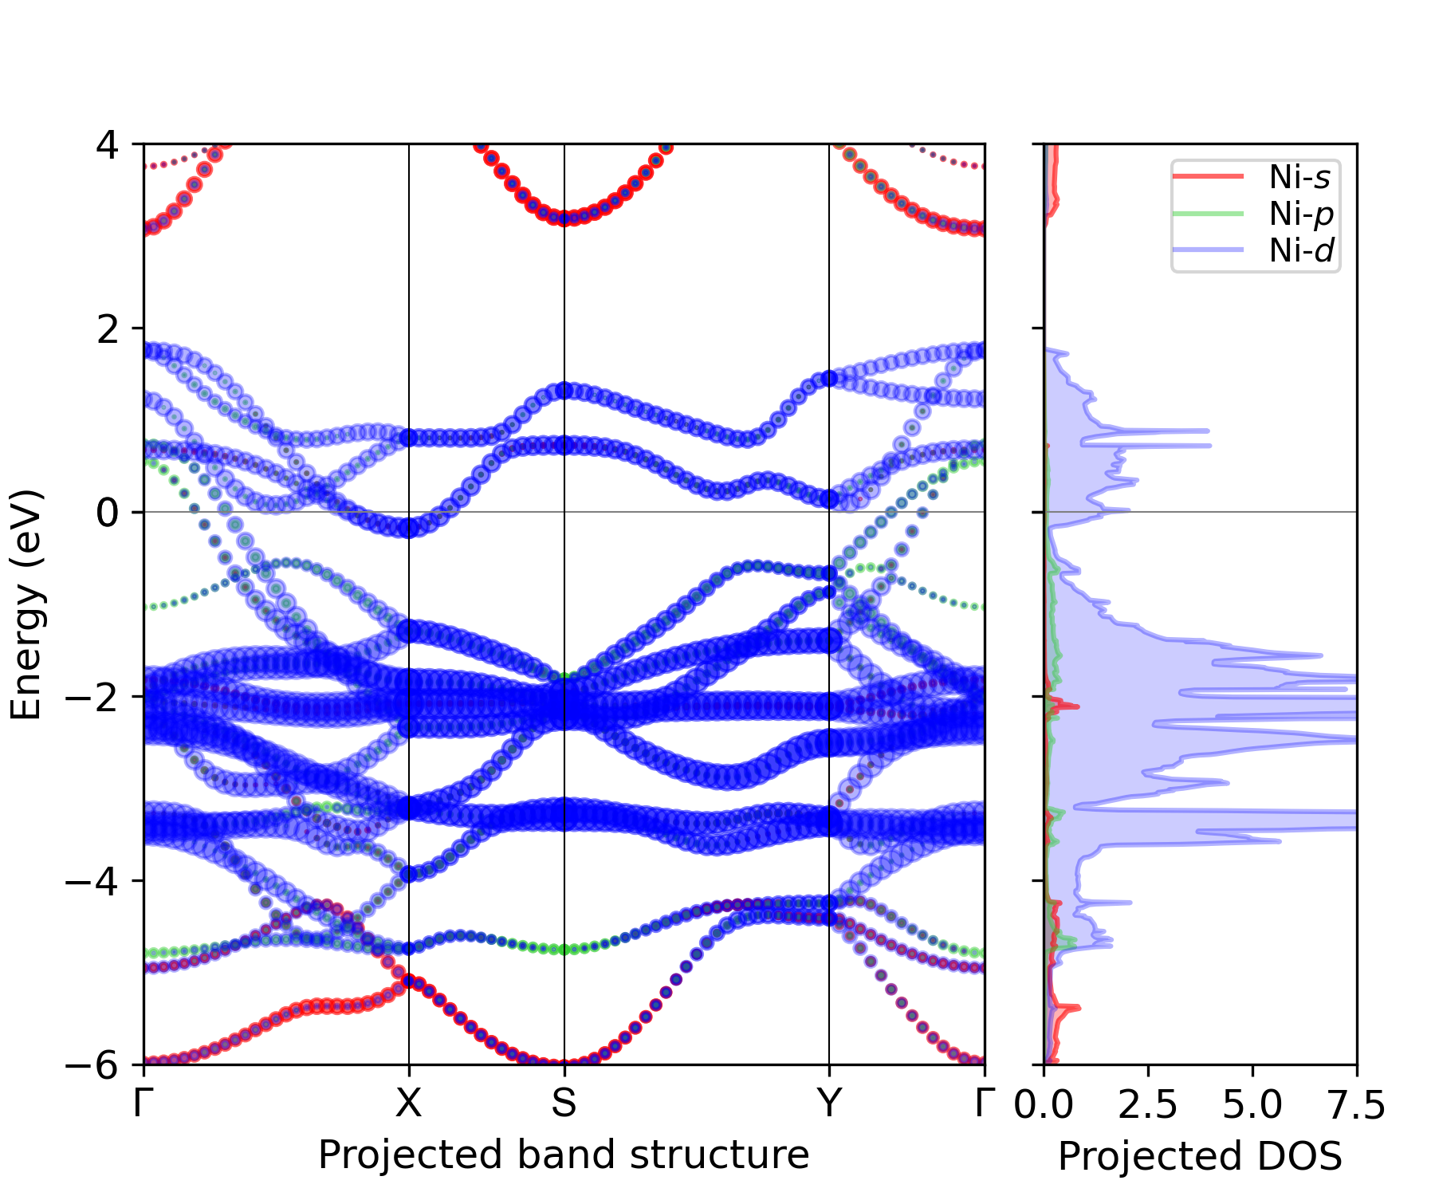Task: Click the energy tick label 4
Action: point(108,145)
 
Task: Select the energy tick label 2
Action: point(108,329)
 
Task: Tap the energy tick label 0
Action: point(108,513)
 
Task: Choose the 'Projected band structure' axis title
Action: point(564,1155)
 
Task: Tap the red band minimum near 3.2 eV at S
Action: point(564,218)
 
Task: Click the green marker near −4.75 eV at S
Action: point(564,949)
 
